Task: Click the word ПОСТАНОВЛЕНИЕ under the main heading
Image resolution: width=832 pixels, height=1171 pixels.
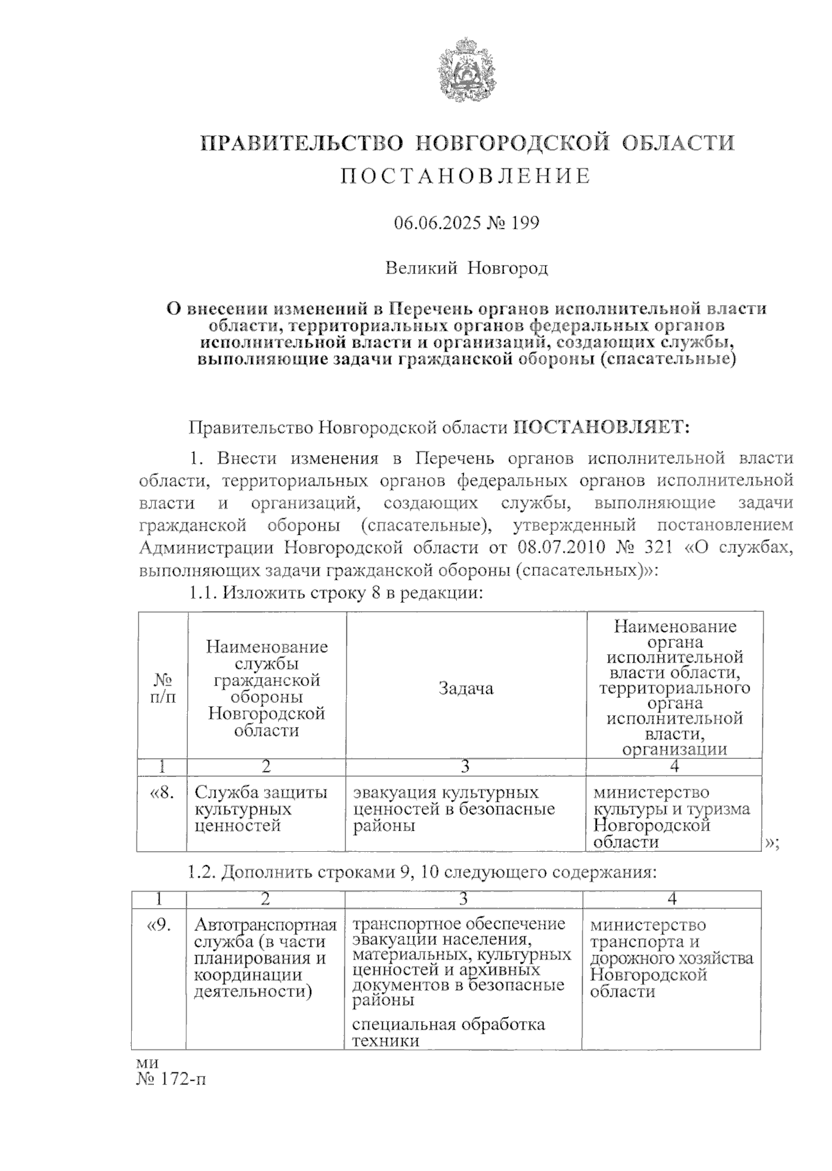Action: point(466,176)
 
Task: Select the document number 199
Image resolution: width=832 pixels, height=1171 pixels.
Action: point(525,223)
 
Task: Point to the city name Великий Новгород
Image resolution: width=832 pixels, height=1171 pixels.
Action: point(466,268)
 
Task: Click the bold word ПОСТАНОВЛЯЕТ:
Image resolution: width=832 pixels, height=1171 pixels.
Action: point(601,427)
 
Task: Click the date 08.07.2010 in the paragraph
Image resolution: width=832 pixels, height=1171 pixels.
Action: point(560,547)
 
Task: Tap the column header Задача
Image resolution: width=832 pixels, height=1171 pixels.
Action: point(466,688)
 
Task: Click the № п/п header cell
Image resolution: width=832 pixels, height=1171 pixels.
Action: point(162,688)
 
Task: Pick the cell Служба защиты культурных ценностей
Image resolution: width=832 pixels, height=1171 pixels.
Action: point(261,809)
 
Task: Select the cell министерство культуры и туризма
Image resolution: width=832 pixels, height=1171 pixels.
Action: point(671,817)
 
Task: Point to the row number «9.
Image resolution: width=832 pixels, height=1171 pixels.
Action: point(159,925)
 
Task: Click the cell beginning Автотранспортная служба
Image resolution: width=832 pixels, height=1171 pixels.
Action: point(266,958)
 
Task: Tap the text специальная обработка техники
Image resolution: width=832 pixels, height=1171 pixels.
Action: point(448,1032)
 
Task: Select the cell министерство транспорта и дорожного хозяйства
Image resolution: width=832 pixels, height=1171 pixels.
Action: point(671,958)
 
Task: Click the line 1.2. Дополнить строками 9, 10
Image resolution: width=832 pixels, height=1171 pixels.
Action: point(422,872)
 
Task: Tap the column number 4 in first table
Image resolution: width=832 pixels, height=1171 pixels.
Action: point(675,767)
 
